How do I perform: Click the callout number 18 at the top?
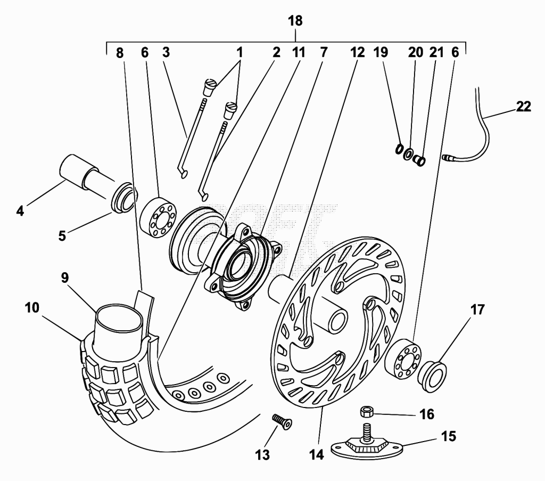[x=295, y=21]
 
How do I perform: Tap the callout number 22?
[x=524, y=107]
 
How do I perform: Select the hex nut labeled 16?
[x=367, y=412]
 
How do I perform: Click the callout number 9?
[x=64, y=278]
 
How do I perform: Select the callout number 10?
[x=32, y=308]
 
